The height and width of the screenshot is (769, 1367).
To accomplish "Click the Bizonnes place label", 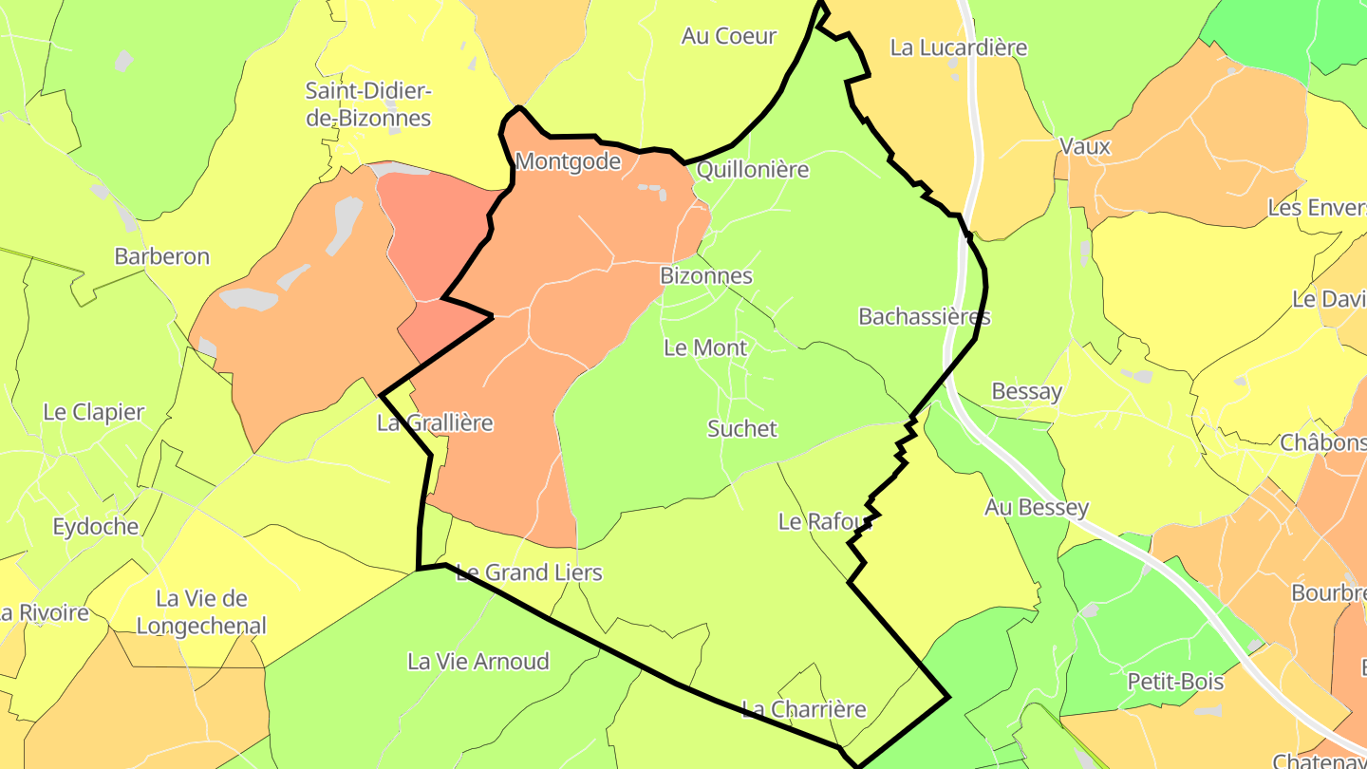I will tap(706, 276).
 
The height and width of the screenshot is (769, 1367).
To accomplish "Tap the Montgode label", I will tap(568, 161).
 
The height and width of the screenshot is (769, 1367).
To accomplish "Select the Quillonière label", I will tap(753, 170).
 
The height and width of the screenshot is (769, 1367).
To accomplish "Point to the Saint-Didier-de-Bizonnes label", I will tap(368, 104).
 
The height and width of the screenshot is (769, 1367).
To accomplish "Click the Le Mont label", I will tap(705, 347).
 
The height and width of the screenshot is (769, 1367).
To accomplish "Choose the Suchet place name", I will tap(742, 429).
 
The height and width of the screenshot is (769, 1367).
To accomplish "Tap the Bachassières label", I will tap(925, 316).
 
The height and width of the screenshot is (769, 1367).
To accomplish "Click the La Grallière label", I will tap(436, 422).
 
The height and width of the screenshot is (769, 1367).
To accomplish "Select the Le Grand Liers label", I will tap(529, 572).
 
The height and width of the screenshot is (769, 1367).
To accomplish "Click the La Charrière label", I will tap(804, 709).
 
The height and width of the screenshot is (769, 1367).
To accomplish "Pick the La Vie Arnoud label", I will tap(478, 662).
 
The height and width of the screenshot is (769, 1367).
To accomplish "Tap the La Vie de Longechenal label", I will tap(201, 612).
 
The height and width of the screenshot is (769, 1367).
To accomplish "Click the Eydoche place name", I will tap(96, 527).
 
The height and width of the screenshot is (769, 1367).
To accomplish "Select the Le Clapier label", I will tap(94, 412).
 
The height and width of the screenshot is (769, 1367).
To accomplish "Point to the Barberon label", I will tap(161, 256).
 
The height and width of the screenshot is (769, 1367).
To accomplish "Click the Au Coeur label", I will tap(729, 36).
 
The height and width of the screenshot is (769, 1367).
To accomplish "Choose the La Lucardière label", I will tap(959, 47).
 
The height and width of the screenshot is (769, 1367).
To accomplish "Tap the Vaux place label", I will tap(1085, 147).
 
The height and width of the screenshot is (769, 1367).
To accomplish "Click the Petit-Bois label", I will tap(1175, 682).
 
